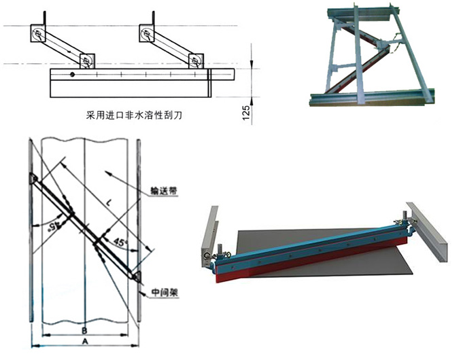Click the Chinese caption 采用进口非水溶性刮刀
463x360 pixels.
[x=129, y=115]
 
